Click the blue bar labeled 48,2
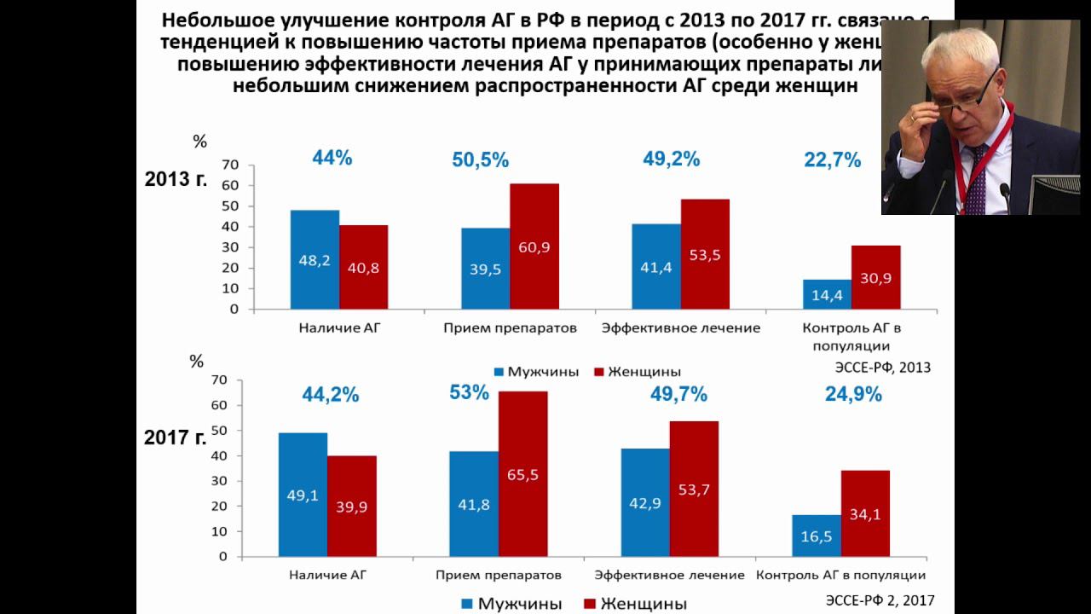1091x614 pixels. click(315, 259)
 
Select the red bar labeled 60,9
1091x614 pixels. click(534, 246)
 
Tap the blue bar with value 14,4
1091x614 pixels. click(827, 294)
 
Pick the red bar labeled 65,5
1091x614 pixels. click(522, 474)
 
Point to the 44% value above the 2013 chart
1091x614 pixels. click(332, 158)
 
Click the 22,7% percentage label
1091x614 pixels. click(832, 160)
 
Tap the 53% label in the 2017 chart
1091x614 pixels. click(470, 393)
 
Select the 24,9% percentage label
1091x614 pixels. click(852, 394)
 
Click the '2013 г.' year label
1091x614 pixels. click(176, 180)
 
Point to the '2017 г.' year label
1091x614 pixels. click(175, 438)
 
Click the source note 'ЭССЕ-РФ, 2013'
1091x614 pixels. click(882, 368)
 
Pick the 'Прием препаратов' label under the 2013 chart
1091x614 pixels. click(511, 328)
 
